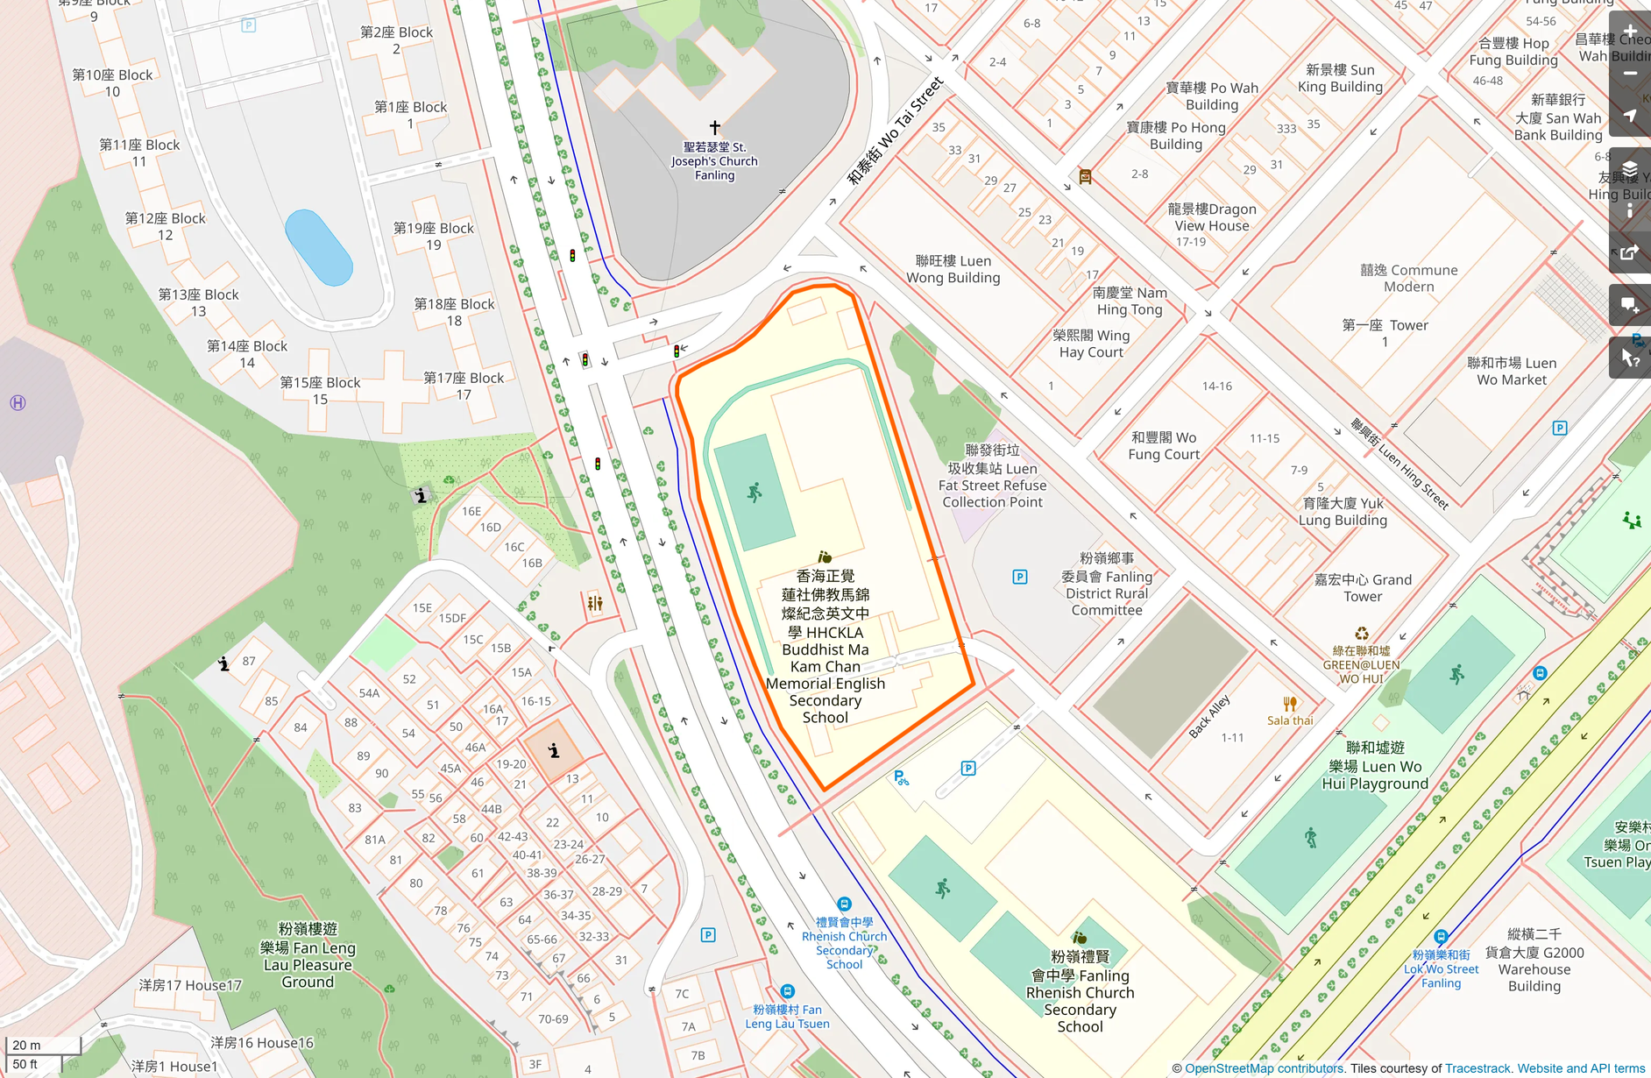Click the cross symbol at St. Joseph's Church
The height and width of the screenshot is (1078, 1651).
[x=715, y=128]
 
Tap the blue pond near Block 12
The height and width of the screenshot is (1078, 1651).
[x=319, y=248]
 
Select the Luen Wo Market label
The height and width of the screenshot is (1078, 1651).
[x=1511, y=372]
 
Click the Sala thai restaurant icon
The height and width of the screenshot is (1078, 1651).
[x=1290, y=704]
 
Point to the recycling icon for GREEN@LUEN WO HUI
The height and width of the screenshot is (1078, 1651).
[x=1361, y=634]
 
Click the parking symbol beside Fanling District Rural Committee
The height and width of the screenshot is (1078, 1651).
[x=1020, y=577]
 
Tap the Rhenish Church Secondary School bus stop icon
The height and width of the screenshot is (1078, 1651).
[x=844, y=904]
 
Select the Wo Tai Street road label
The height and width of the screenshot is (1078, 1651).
[x=895, y=131]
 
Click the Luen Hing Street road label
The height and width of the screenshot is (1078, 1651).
[x=1399, y=465]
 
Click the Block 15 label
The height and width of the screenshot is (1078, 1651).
[x=320, y=391]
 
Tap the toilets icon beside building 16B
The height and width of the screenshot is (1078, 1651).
[x=595, y=603]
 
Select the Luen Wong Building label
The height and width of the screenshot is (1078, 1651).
[x=953, y=269]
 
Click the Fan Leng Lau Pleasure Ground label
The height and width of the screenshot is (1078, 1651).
[x=308, y=955]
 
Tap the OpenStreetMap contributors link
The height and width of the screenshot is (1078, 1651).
[x=1264, y=1068]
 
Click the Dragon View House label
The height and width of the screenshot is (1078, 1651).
[x=1211, y=217]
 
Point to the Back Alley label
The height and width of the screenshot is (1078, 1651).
[x=1209, y=716]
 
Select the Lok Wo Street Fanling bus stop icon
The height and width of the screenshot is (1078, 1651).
[x=1440, y=936]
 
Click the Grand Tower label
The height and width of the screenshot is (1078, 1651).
[x=1363, y=588]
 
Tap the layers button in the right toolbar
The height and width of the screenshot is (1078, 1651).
[x=1630, y=169]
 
